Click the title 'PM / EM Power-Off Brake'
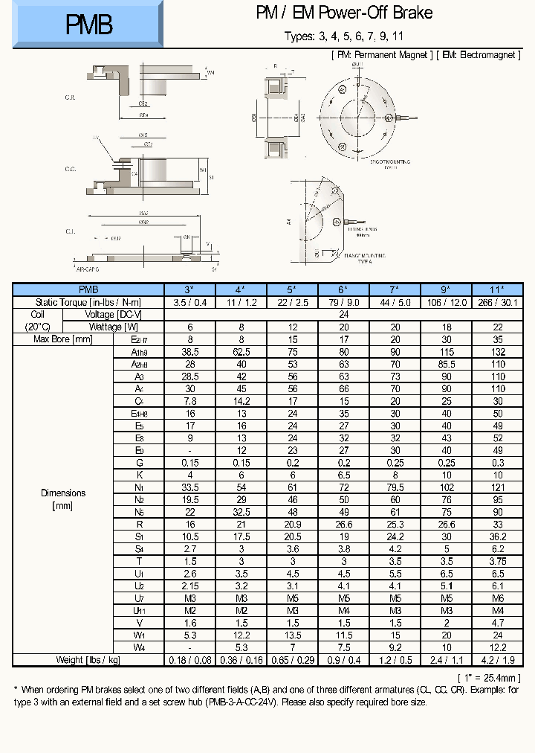[x=344, y=13]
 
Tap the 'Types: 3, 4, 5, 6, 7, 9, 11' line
[x=344, y=36]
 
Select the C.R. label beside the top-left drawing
[x=71, y=97]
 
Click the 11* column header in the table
[x=497, y=289]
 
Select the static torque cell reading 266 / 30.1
[x=497, y=302]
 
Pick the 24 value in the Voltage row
[x=343, y=314]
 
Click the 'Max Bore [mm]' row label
[x=63, y=339]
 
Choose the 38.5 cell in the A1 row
[x=189, y=351]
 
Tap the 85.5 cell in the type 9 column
[x=446, y=364]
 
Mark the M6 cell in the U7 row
[x=497, y=598]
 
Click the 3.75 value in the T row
[x=497, y=561]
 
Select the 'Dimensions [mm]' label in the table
[x=63, y=499]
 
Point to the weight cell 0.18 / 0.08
[x=189, y=660]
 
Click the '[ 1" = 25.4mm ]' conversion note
[x=487, y=677]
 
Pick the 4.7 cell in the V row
[x=497, y=623]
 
